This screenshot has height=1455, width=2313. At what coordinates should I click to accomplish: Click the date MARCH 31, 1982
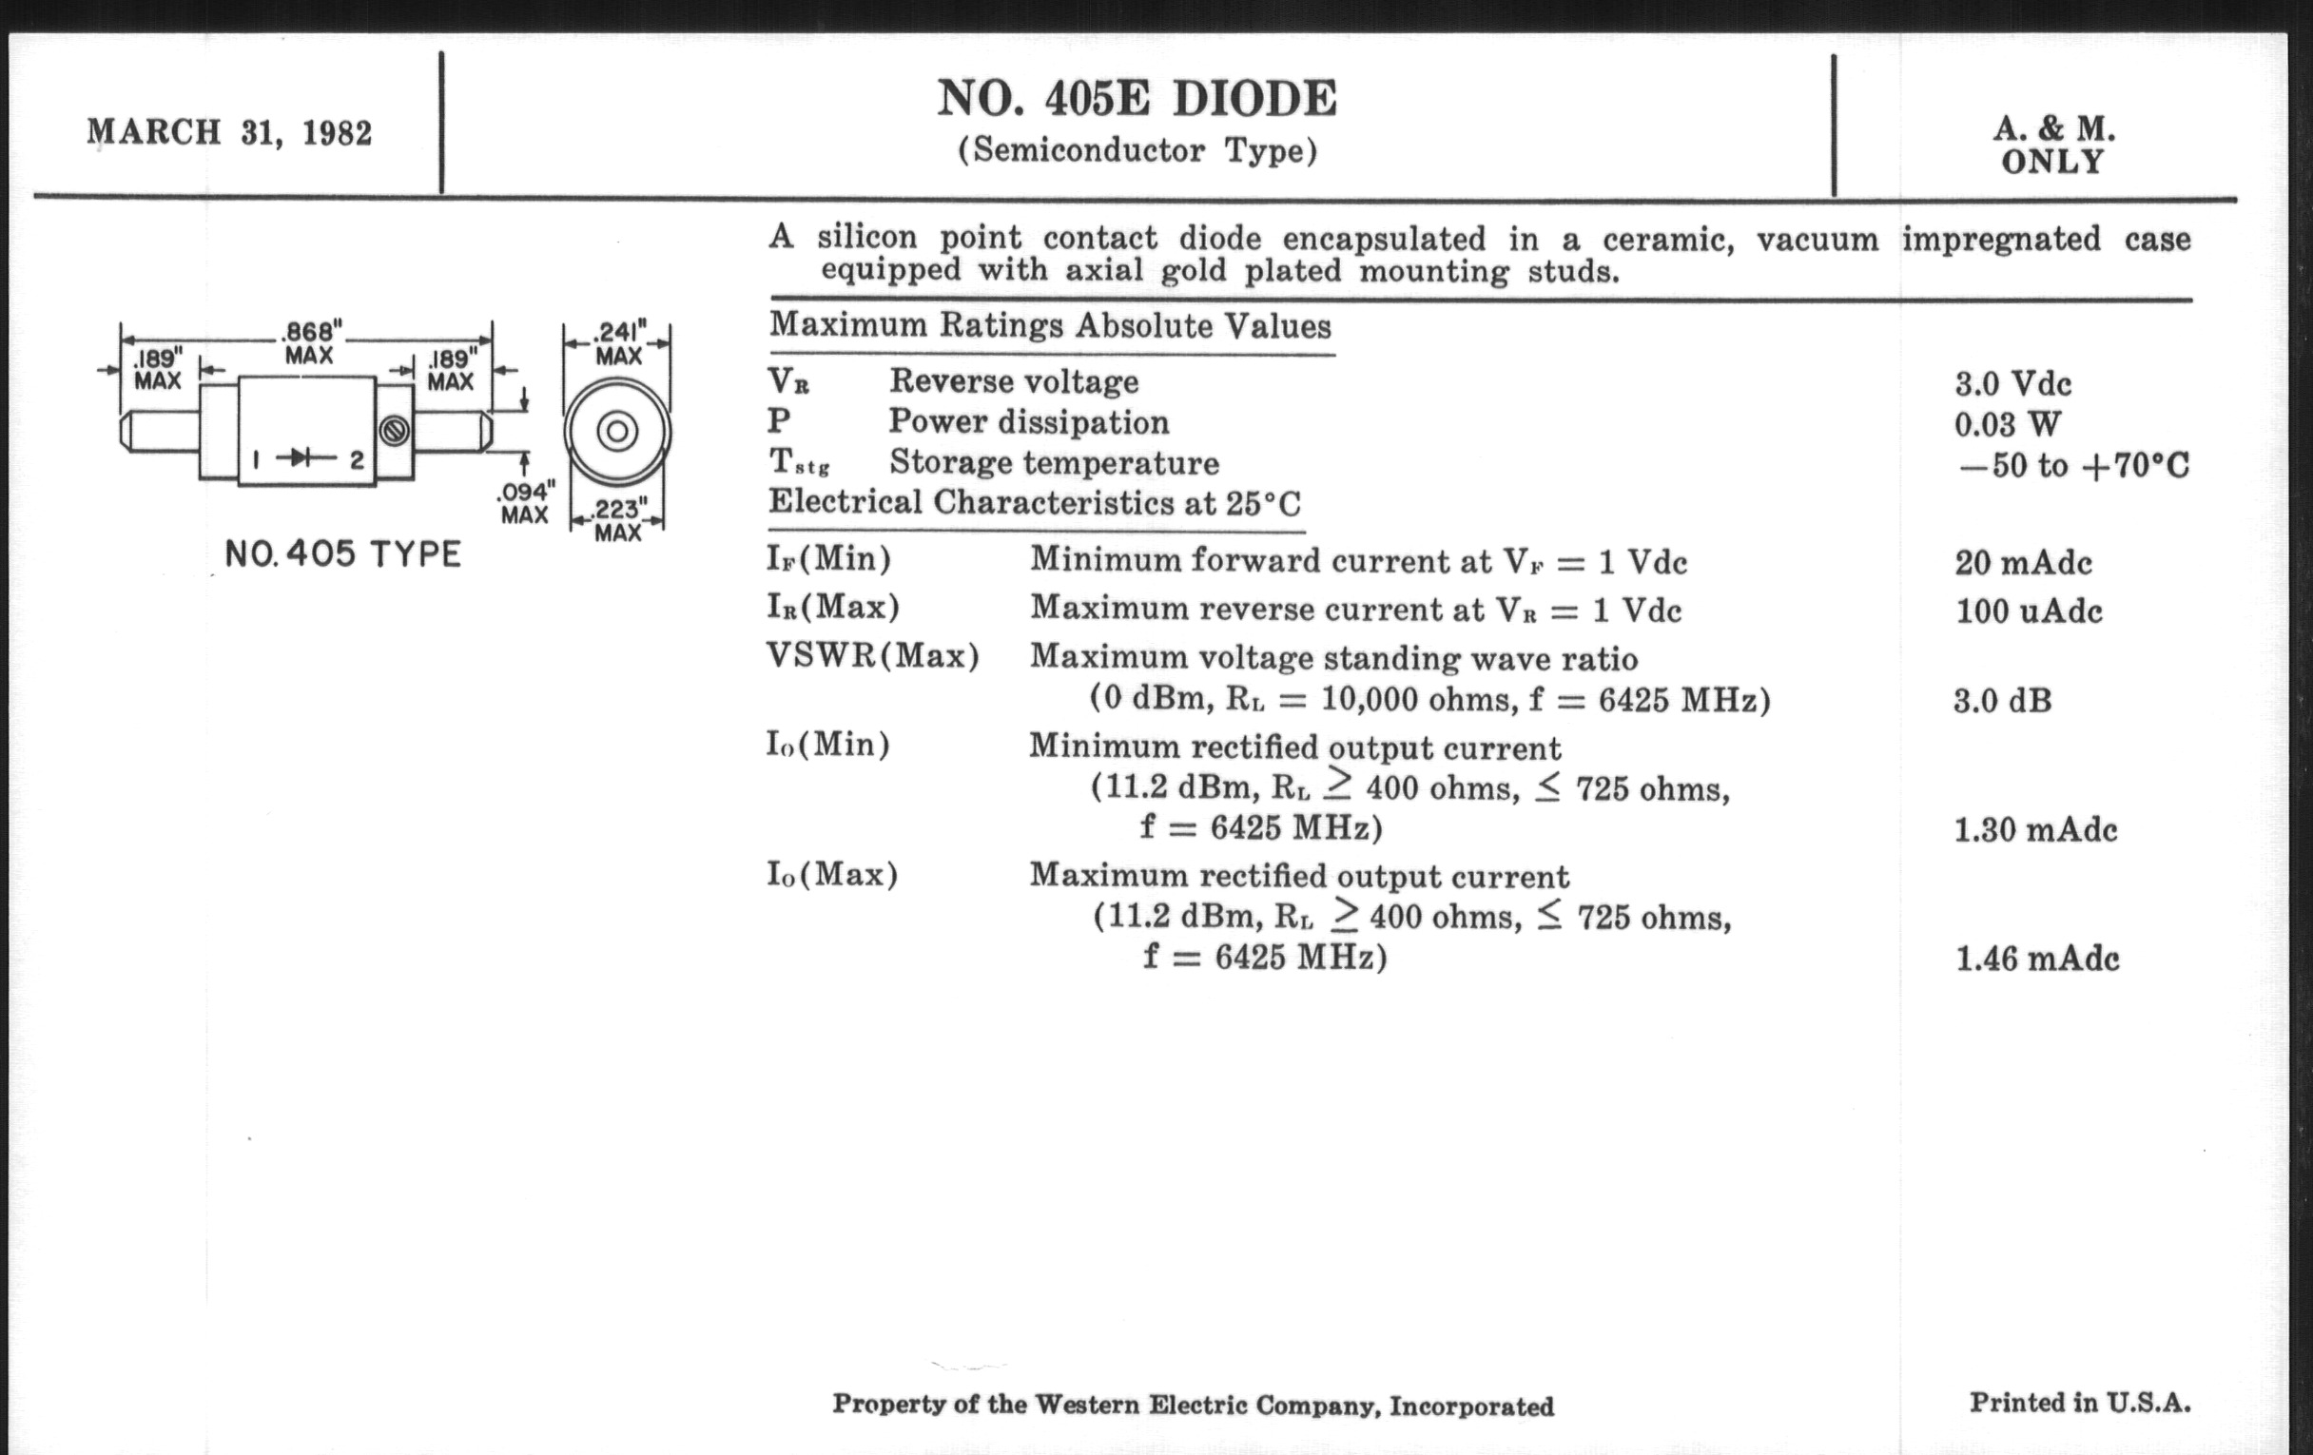(x=229, y=131)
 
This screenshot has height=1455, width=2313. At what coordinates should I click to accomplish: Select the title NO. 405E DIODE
(x=1137, y=98)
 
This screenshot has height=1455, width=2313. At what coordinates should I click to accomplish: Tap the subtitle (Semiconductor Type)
(x=1137, y=152)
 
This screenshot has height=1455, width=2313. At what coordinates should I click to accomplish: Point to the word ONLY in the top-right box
(x=2052, y=163)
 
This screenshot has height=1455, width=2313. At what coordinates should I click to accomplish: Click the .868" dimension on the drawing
(x=309, y=332)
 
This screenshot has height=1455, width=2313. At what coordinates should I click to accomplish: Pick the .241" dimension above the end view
(x=617, y=332)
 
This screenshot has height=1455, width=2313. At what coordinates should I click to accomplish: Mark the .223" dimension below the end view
(x=617, y=509)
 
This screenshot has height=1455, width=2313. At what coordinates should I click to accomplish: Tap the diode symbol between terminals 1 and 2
(x=305, y=459)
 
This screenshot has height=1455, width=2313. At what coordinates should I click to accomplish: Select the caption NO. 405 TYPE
(x=343, y=554)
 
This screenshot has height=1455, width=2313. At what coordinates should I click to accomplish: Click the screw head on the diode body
(x=394, y=431)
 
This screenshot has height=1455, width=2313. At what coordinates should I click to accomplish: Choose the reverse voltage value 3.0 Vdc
(x=2012, y=384)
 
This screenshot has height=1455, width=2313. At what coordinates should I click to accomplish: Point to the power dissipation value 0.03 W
(x=2007, y=424)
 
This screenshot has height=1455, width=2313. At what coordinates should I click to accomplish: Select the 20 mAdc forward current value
(x=2023, y=563)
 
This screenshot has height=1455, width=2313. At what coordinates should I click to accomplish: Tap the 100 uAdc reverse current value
(x=2029, y=611)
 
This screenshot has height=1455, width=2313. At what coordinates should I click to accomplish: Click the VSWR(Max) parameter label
(x=872, y=656)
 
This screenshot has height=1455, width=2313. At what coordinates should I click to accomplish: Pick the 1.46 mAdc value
(x=2036, y=959)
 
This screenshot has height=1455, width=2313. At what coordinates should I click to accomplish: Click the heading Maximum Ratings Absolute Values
(x=1050, y=325)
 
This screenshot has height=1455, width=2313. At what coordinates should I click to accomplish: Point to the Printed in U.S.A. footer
(x=2080, y=1403)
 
